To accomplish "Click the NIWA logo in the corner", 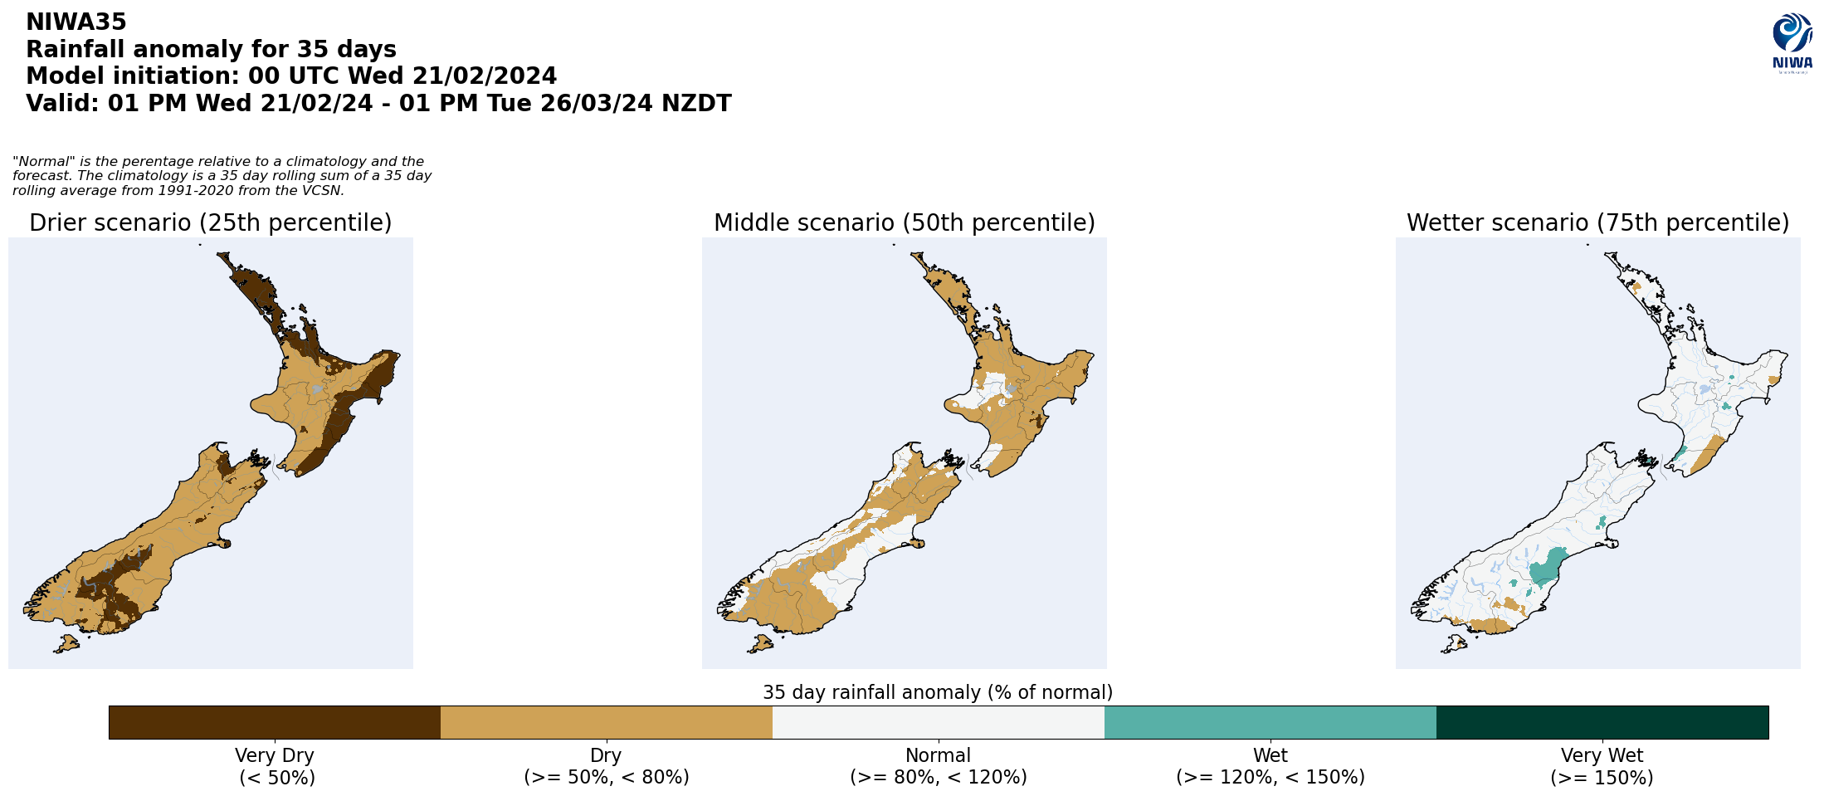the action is [1792, 43].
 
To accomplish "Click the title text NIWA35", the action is [76, 22].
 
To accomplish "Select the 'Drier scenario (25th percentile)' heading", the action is [210, 223].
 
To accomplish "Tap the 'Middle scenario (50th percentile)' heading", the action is [904, 223].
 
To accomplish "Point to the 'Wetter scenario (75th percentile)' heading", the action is [1597, 223].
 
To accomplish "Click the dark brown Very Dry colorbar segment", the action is [274, 722].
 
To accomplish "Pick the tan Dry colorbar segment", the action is [606, 722].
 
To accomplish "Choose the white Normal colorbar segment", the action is [938, 722].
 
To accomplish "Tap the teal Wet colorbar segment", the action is [1270, 722].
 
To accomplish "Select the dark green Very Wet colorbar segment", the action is [1602, 722].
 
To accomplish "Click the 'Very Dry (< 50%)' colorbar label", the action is [275, 766].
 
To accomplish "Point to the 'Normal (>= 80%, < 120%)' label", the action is [938, 766].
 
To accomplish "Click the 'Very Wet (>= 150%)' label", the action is [1602, 766].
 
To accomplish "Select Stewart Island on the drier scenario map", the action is [66, 643].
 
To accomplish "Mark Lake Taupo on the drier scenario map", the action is [316, 388].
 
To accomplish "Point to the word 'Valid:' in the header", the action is [62, 104].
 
